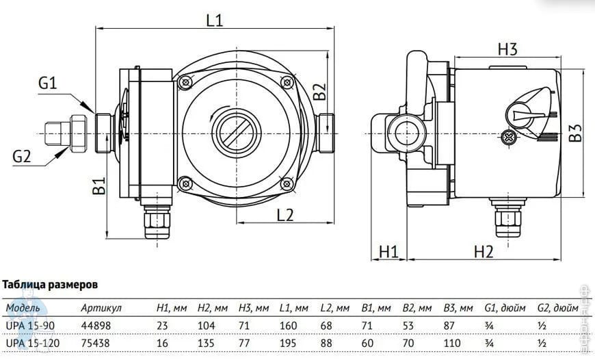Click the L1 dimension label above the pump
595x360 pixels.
point(215,20)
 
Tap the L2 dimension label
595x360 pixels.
point(285,215)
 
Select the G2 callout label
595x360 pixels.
point(22,156)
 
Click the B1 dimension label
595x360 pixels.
point(99,185)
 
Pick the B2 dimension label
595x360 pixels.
point(319,92)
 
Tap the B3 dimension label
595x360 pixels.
point(575,133)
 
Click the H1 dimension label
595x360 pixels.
point(388,251)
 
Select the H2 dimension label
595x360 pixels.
point(484,251)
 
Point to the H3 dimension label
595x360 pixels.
point(507,49)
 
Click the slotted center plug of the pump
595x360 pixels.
point(236,133)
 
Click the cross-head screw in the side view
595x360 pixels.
point(508,137)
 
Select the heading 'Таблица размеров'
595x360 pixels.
point(50,285)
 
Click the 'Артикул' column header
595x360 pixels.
point(101,308)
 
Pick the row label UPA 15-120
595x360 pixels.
point(33,344)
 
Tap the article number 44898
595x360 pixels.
point(96,326)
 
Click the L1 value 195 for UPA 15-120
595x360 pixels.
point(288,344)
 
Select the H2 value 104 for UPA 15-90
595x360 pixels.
point(206,326)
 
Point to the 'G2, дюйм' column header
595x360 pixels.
point(558,308)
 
